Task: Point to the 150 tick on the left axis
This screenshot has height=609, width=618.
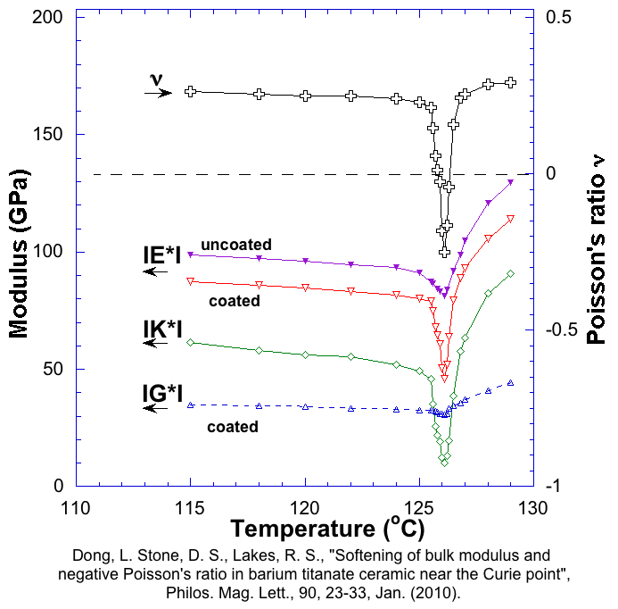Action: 46,135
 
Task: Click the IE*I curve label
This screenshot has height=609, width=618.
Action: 162,257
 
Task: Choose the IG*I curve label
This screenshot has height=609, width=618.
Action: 163,393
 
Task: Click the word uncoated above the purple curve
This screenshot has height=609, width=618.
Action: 236,244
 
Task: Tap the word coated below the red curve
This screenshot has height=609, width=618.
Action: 234,301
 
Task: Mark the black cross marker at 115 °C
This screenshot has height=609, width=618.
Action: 190,91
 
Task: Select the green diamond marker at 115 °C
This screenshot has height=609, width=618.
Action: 190,342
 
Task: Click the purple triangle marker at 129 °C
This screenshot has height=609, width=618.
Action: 510,182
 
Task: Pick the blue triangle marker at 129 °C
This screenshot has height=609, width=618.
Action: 510,382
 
